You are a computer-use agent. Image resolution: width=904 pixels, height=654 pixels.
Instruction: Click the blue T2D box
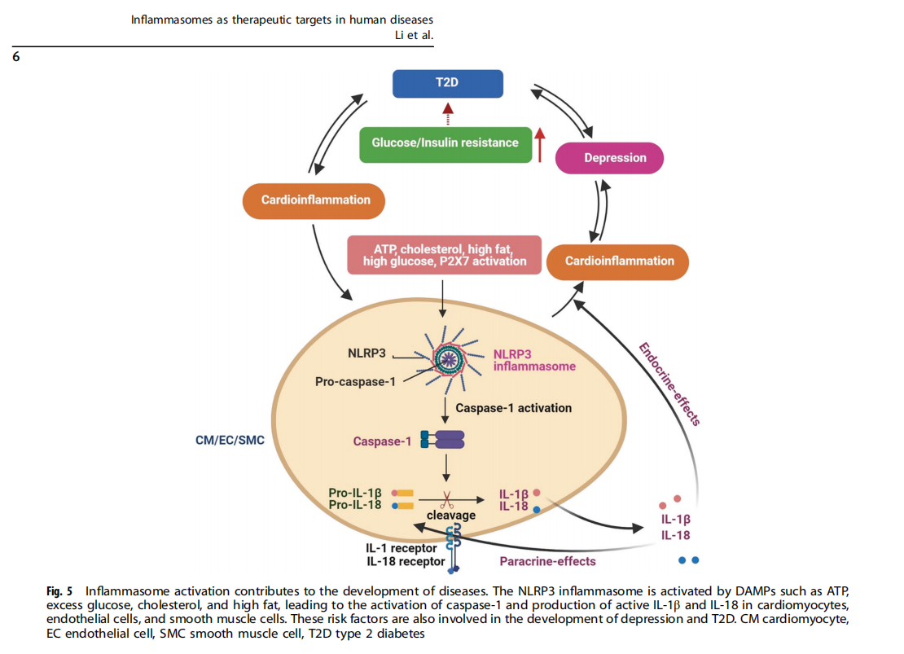[x=447, y=84]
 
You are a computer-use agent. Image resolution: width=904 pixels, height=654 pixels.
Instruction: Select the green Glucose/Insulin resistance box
[x=445, y=143]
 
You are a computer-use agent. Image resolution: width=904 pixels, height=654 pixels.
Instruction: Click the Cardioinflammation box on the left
[x=315, y=200]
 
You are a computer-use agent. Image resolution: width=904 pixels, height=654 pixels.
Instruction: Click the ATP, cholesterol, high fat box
[x=444, y=254]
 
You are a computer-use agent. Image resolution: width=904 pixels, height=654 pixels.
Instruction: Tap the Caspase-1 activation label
[x=513, y=407]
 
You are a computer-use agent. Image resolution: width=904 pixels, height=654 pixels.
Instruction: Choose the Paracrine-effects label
[x=547, y=561]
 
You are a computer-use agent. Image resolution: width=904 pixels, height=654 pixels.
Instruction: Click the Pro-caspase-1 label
[x=355, y=381]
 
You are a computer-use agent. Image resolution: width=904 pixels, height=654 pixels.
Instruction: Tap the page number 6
[x=16, y=57]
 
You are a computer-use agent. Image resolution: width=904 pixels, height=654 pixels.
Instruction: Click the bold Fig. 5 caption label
[x=59, y=590]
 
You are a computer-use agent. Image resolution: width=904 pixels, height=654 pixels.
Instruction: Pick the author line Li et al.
[x=413, y=35]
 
